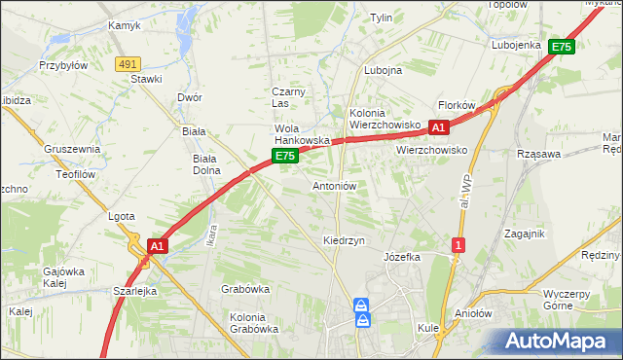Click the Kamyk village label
coord(125,26)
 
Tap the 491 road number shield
coord(127,63)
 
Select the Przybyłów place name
coord(63,66)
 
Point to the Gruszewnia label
coord(72,150)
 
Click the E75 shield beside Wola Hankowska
coord(284,156)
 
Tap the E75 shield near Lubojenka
coord(562,46)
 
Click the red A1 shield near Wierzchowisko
coord(438,127)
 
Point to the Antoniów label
coord(335,186)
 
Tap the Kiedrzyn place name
coord(344,240)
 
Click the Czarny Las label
coord(288,97)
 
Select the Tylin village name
coord(381,18)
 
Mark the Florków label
coord(456,105)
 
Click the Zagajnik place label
coord(524,234)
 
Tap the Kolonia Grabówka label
coord(254,323)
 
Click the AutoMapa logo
coord(559,342)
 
